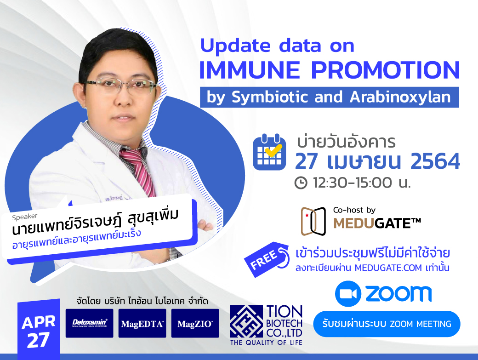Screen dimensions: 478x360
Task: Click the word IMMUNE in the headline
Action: pos(250,70)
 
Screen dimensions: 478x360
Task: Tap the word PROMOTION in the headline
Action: pos(385,70)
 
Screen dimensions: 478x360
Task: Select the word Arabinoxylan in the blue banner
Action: pos(400,97)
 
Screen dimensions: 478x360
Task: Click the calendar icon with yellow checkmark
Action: pos(269,152)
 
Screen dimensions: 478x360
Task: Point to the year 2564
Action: pos(435,161)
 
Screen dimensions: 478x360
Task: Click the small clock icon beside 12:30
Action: pos(301,183)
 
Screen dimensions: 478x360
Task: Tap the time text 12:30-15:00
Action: pos(353,183)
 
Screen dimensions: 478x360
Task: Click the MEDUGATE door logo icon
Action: pos(313,221)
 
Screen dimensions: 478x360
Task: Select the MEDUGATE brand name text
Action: pos(377,223)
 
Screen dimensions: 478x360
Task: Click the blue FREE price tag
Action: pos(267,259)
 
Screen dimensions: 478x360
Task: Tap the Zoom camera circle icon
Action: pos(348,293)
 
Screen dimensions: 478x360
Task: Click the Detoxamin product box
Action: pos(89,323)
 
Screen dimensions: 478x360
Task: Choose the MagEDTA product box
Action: pos(142,323)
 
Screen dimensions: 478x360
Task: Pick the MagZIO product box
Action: pos(195,323)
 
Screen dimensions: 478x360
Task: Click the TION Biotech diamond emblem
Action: pos(246,321)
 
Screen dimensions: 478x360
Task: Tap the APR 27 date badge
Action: pos(39,329)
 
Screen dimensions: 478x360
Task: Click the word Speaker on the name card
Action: pos(25,217)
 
